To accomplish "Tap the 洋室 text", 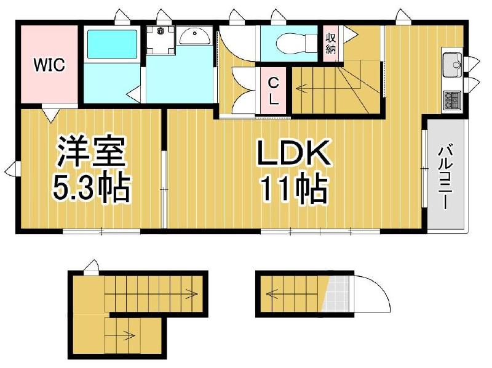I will coord(92,152).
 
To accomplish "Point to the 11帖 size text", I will coord(293,189).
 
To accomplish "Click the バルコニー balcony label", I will coord(446,176).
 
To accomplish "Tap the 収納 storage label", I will coord(331,42).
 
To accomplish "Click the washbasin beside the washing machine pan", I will coord(196,38).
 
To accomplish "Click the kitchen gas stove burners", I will coord(453,99).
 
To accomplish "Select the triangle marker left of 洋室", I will coord(10,167).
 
